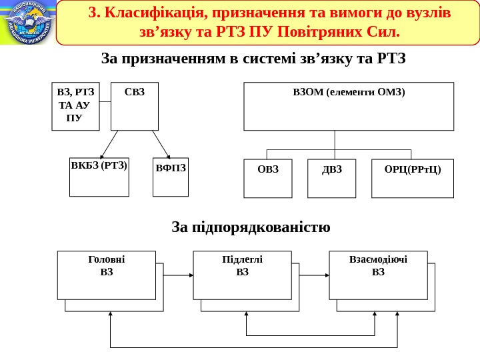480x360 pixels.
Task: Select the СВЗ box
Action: pyautogui.click(x=134, y=106)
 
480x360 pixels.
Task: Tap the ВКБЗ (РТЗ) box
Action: pyautogui.click(x=99, y=177)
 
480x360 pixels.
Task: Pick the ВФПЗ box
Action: pyautogui.click(x=171, y=177)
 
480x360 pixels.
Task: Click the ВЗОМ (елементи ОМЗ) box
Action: pyautogui.click(x=349, y=106)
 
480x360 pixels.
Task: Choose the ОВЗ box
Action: pyautogui.click(x=268, y=178)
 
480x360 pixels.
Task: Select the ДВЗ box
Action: pyautogui.click(x=331, y=178)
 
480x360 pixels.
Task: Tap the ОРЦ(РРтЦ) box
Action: pyautogui.click(x=413, y=178)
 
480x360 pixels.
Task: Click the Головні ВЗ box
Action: pyautogui.click(x=107, y=275)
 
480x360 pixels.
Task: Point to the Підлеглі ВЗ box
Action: pyautogui.click(x=242, y=275)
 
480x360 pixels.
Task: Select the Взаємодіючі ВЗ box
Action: pyautogui.click(x=379, y=275)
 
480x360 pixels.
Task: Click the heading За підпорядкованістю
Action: pyautogui.click(x=251, y=227)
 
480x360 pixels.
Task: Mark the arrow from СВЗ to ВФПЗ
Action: pyautogui.click(x=162, y=144)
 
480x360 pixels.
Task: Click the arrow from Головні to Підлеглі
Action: pyautogui.click(x=175, y=275)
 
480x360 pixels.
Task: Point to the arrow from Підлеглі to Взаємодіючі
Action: pyautogui.click(x=311, y=275)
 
